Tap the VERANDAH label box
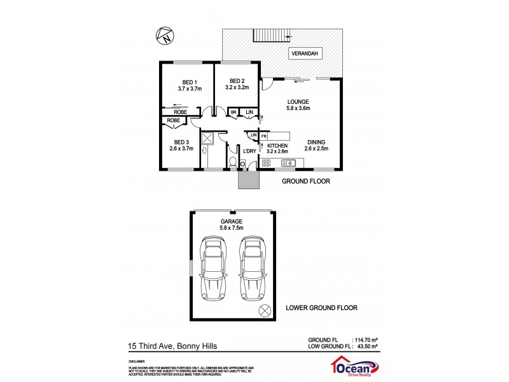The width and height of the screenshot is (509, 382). coord(305,53)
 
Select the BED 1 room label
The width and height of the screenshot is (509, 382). coord(189,81)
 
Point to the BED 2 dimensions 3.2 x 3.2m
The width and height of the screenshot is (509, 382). coord(236,88)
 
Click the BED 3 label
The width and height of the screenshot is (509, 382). coord(181,141)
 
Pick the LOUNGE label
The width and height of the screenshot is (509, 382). coord(298,101)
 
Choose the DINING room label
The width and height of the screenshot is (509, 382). coord(316,143)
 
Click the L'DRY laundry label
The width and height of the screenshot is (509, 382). coord(249,150)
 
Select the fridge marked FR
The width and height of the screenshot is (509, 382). coord(263,136)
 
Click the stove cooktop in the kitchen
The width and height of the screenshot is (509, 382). coord(267,163)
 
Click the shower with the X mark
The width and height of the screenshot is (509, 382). coord(208,139)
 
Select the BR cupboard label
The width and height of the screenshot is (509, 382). coord(234,112)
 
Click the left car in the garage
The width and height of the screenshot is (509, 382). coord(212,267)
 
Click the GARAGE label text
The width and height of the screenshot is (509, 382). coord(231,222)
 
